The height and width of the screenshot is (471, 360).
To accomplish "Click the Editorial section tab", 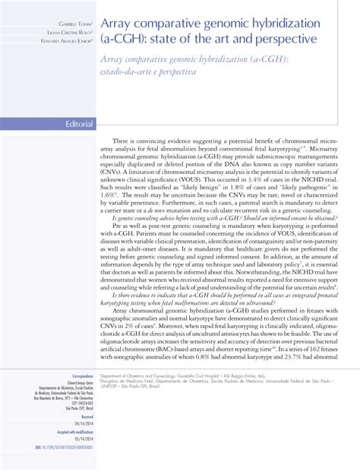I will [79, 124].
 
